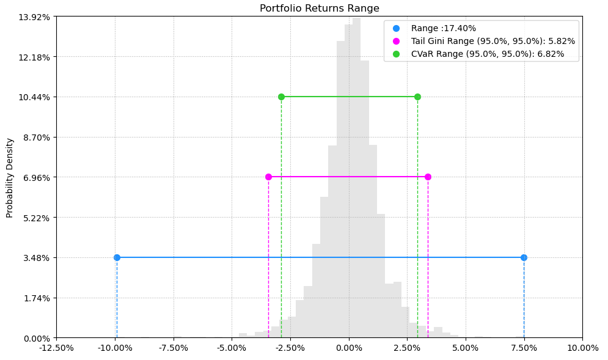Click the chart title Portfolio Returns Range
click(319, 9)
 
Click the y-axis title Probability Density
click(10, 178)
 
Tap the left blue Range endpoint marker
click(117, 257)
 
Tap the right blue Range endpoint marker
click(524, 257)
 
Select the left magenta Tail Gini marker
click(268, 177)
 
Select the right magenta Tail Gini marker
click(428, 177)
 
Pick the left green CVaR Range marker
click(281, 97)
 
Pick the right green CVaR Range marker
click(417, 97)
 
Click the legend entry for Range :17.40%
click(443, 28)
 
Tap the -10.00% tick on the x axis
click(115, 348)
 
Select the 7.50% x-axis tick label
click(524, 348)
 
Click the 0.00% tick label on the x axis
click(349, 348)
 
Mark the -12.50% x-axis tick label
click(56, 348)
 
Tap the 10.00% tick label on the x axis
click(582, 348)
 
